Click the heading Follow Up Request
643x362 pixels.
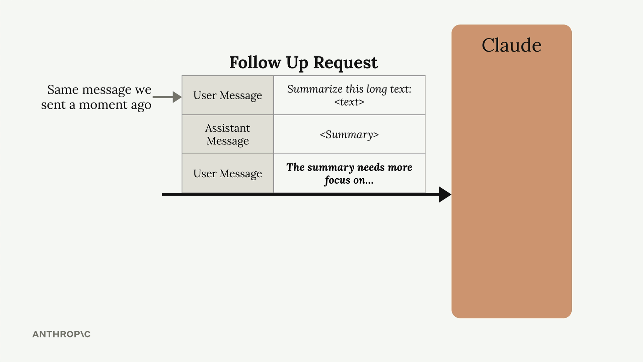[303, 63]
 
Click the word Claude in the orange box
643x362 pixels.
[511, 45]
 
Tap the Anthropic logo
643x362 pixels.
[62, 334]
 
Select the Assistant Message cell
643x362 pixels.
[228, 134]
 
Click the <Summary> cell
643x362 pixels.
[349, 134]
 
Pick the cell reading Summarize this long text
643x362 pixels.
[349, 95]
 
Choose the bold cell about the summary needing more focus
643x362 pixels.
[349, 173]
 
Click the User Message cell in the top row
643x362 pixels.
[228, 95]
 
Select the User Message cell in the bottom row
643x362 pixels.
[228, 173]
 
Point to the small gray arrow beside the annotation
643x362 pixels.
[167, 97]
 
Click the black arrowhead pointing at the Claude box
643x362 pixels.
[445, 194]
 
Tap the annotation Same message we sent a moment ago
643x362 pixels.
[96, 97]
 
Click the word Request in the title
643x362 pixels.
[346, 63]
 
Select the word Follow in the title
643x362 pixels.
[255, 63]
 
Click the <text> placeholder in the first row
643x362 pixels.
[349, 102]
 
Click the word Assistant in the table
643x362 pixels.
[228, 128]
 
